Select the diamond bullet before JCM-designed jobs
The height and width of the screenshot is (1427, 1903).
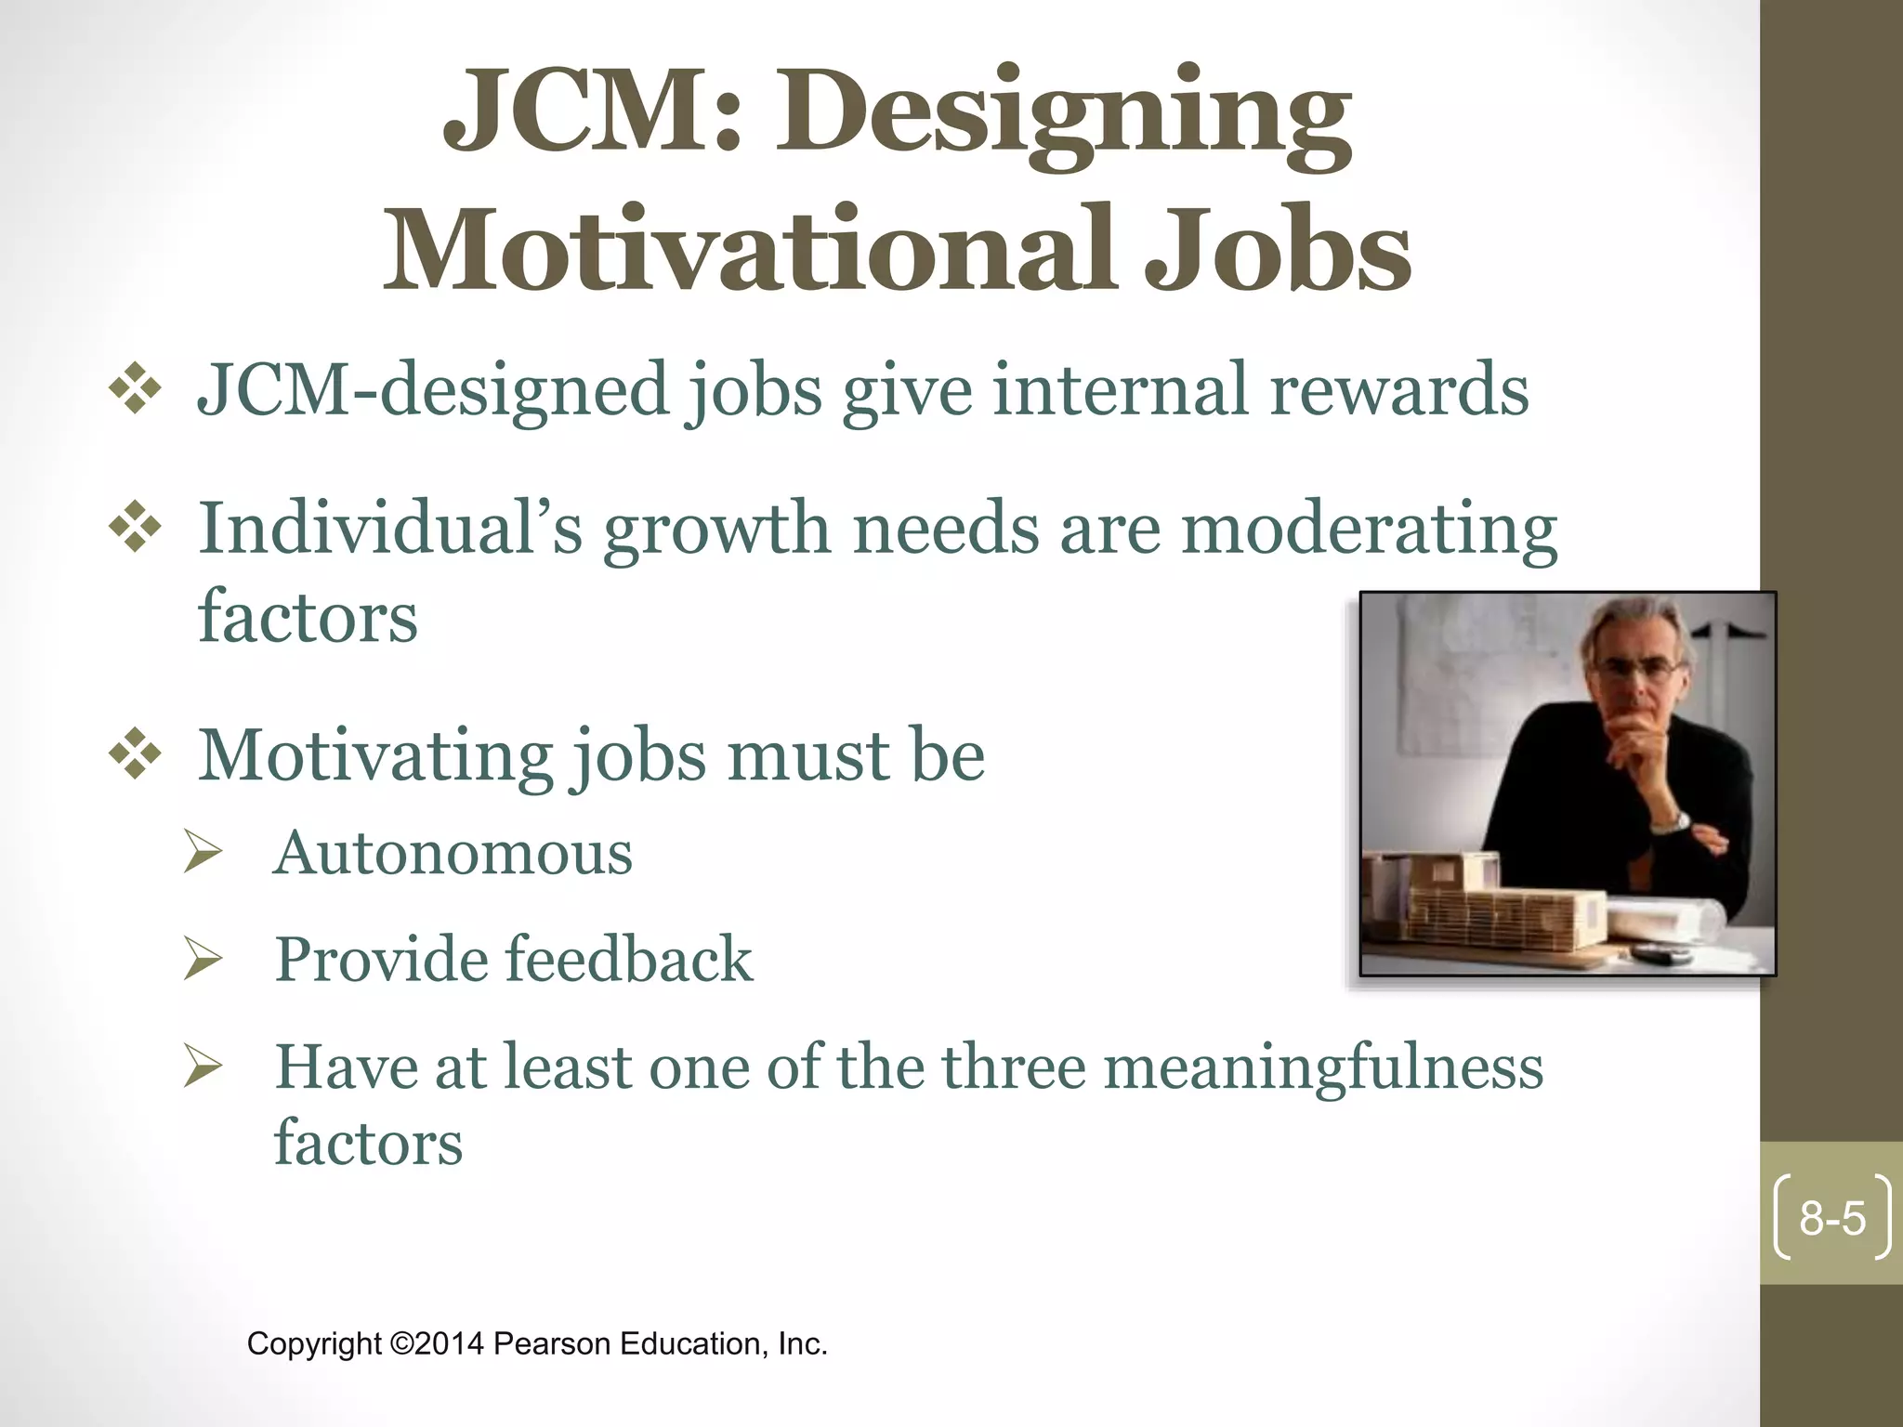136,388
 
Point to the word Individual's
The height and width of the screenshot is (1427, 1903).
390,528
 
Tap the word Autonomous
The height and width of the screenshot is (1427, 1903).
453,853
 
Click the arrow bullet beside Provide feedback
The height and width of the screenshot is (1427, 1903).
203,958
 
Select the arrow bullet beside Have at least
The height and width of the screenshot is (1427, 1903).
203,1066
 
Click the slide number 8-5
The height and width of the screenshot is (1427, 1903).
1831,1218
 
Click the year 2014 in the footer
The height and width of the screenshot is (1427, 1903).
450,1344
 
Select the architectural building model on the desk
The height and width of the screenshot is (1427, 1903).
1487,906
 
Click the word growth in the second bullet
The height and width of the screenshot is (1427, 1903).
716,528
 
